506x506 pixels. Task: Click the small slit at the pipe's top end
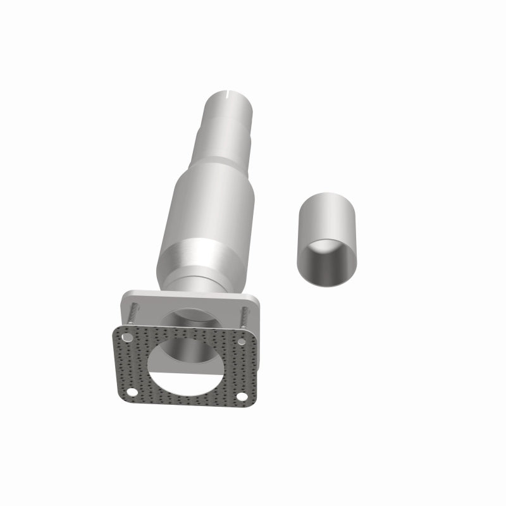tap(226, 97)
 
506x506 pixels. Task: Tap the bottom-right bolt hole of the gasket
tap(242, 397)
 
